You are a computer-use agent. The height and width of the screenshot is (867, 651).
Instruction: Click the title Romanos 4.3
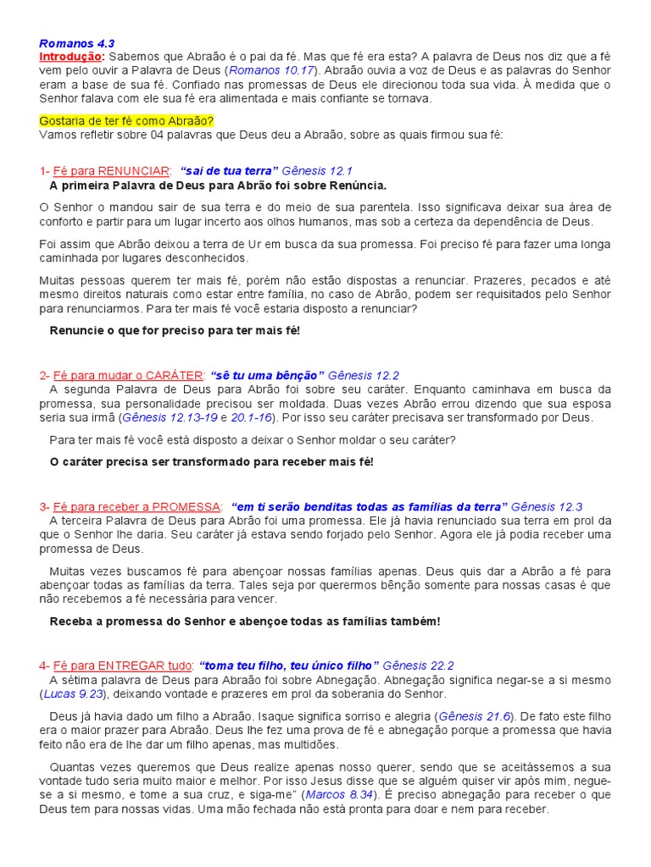coord(76,43)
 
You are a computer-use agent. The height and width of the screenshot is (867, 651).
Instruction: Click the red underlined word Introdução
coord(70,56)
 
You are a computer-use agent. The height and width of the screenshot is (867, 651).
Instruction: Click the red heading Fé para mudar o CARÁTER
coord(128,375)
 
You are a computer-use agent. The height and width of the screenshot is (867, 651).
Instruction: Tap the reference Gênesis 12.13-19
coord(170,417)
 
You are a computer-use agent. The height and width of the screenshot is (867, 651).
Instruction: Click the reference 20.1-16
coord(252,417)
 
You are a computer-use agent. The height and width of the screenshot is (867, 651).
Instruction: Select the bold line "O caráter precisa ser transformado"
coord(211,461)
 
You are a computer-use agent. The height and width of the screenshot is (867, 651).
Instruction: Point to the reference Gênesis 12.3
coord(547,506)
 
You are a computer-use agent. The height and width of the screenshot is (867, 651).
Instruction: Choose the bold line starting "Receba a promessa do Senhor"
coord(245,621)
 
